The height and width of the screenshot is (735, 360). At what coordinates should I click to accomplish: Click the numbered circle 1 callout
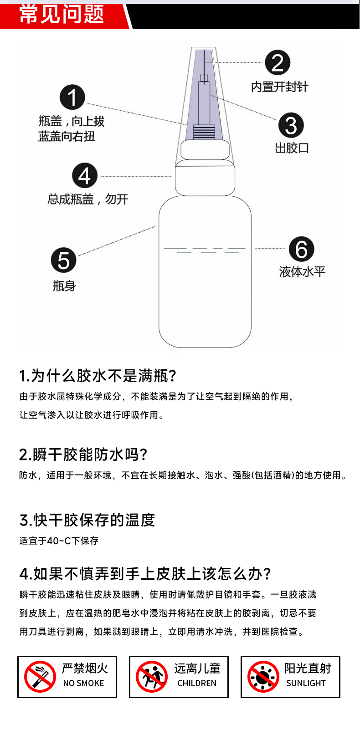pyautogui.click(x=72, y=97)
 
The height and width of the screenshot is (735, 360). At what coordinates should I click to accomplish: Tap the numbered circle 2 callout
pyautogui.click(x=278, y=63)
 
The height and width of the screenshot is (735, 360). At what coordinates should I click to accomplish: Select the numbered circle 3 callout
pyautogui.click(x=291, y=125)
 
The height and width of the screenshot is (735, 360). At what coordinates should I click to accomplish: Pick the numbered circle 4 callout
pyautogui.click(x=85, y=176)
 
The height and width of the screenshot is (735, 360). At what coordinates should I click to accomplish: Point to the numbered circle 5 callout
pyautogui.click(x=63, y=260)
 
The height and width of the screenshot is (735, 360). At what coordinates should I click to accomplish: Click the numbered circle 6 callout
pyautogui.click(x=302, y=249)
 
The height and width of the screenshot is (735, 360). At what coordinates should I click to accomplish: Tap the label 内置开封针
pyautogui.click(x=279, y=87)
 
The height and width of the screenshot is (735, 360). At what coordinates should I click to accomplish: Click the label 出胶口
pyautogui.click(x=292, y=148)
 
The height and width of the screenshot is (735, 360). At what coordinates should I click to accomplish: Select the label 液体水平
pyautogui.click(x=302, y=272)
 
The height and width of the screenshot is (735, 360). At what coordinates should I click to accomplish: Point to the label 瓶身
pyautogui.click(x=64, y=286)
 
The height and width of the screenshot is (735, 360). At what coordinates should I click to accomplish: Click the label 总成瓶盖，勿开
pyautogui.click(x=87, y=199)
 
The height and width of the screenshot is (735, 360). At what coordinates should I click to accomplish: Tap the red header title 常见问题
pyautogui.click(x=62, y=15)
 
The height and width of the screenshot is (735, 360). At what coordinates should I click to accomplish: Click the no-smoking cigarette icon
pyautogui.click(x=40, y=677)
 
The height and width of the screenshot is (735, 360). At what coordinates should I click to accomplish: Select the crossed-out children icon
pyautogui.click(x=152, y=677)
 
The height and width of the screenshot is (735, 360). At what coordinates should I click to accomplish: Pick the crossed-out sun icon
pyautogui.click(x=263, y=677)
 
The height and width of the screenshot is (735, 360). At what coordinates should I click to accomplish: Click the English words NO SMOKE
pyautogui.click(x=83, y=683)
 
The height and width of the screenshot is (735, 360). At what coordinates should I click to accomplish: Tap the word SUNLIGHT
pyautogui.click(x=306, y=683)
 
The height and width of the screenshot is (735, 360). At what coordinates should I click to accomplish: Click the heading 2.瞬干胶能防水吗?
pyautogui.click(x=83, y=454)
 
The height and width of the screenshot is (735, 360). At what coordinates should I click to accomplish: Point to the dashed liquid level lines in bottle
pyautogui.click(x=205, y=250)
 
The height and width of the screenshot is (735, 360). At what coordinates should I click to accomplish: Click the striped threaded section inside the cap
pyautogui.click(x=204, y=132)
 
